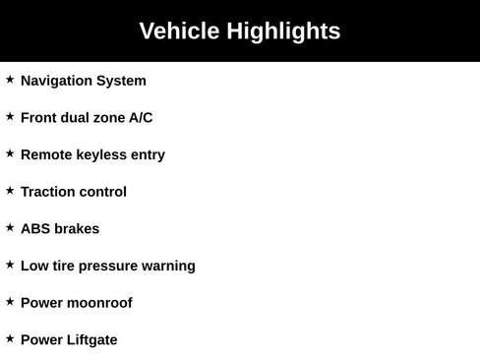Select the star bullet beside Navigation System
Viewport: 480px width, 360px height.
pyautogui.click(x=10, y=79)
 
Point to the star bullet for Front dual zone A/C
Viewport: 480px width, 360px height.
pyautogui.click(x=10, y=116)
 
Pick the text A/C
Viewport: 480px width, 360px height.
pyautogui.click(x=141, y=118)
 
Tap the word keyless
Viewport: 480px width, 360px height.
pyautogui.click(x=101, y=155)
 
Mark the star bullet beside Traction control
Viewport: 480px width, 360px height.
pyautogui.click(x=10, y=190)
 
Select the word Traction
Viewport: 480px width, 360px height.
pyautogui.click(x=48, y=192)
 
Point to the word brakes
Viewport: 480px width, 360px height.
pyautogui.click(x=77, y=229)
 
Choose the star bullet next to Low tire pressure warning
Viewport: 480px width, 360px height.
pyautogui.click(x=10, y=264)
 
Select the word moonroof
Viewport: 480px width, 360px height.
pyautogui.click(x=99, y=303)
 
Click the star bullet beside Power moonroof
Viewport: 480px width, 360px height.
pyautogui.click(x=10, y=301)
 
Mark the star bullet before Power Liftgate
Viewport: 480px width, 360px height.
pyautogui.click(x=10, y=337)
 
